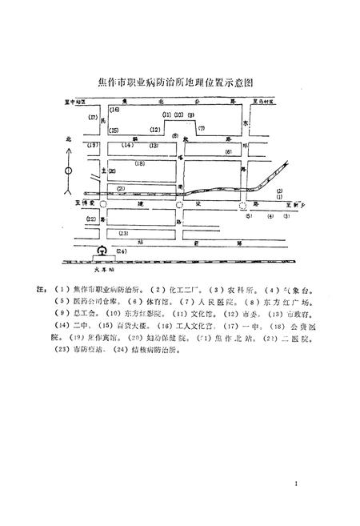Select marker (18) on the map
139,164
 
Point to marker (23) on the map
123,233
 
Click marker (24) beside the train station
121,251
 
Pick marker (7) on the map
202,128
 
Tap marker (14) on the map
127,146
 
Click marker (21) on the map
121,189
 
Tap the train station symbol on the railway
102,251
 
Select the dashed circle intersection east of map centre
243,206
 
